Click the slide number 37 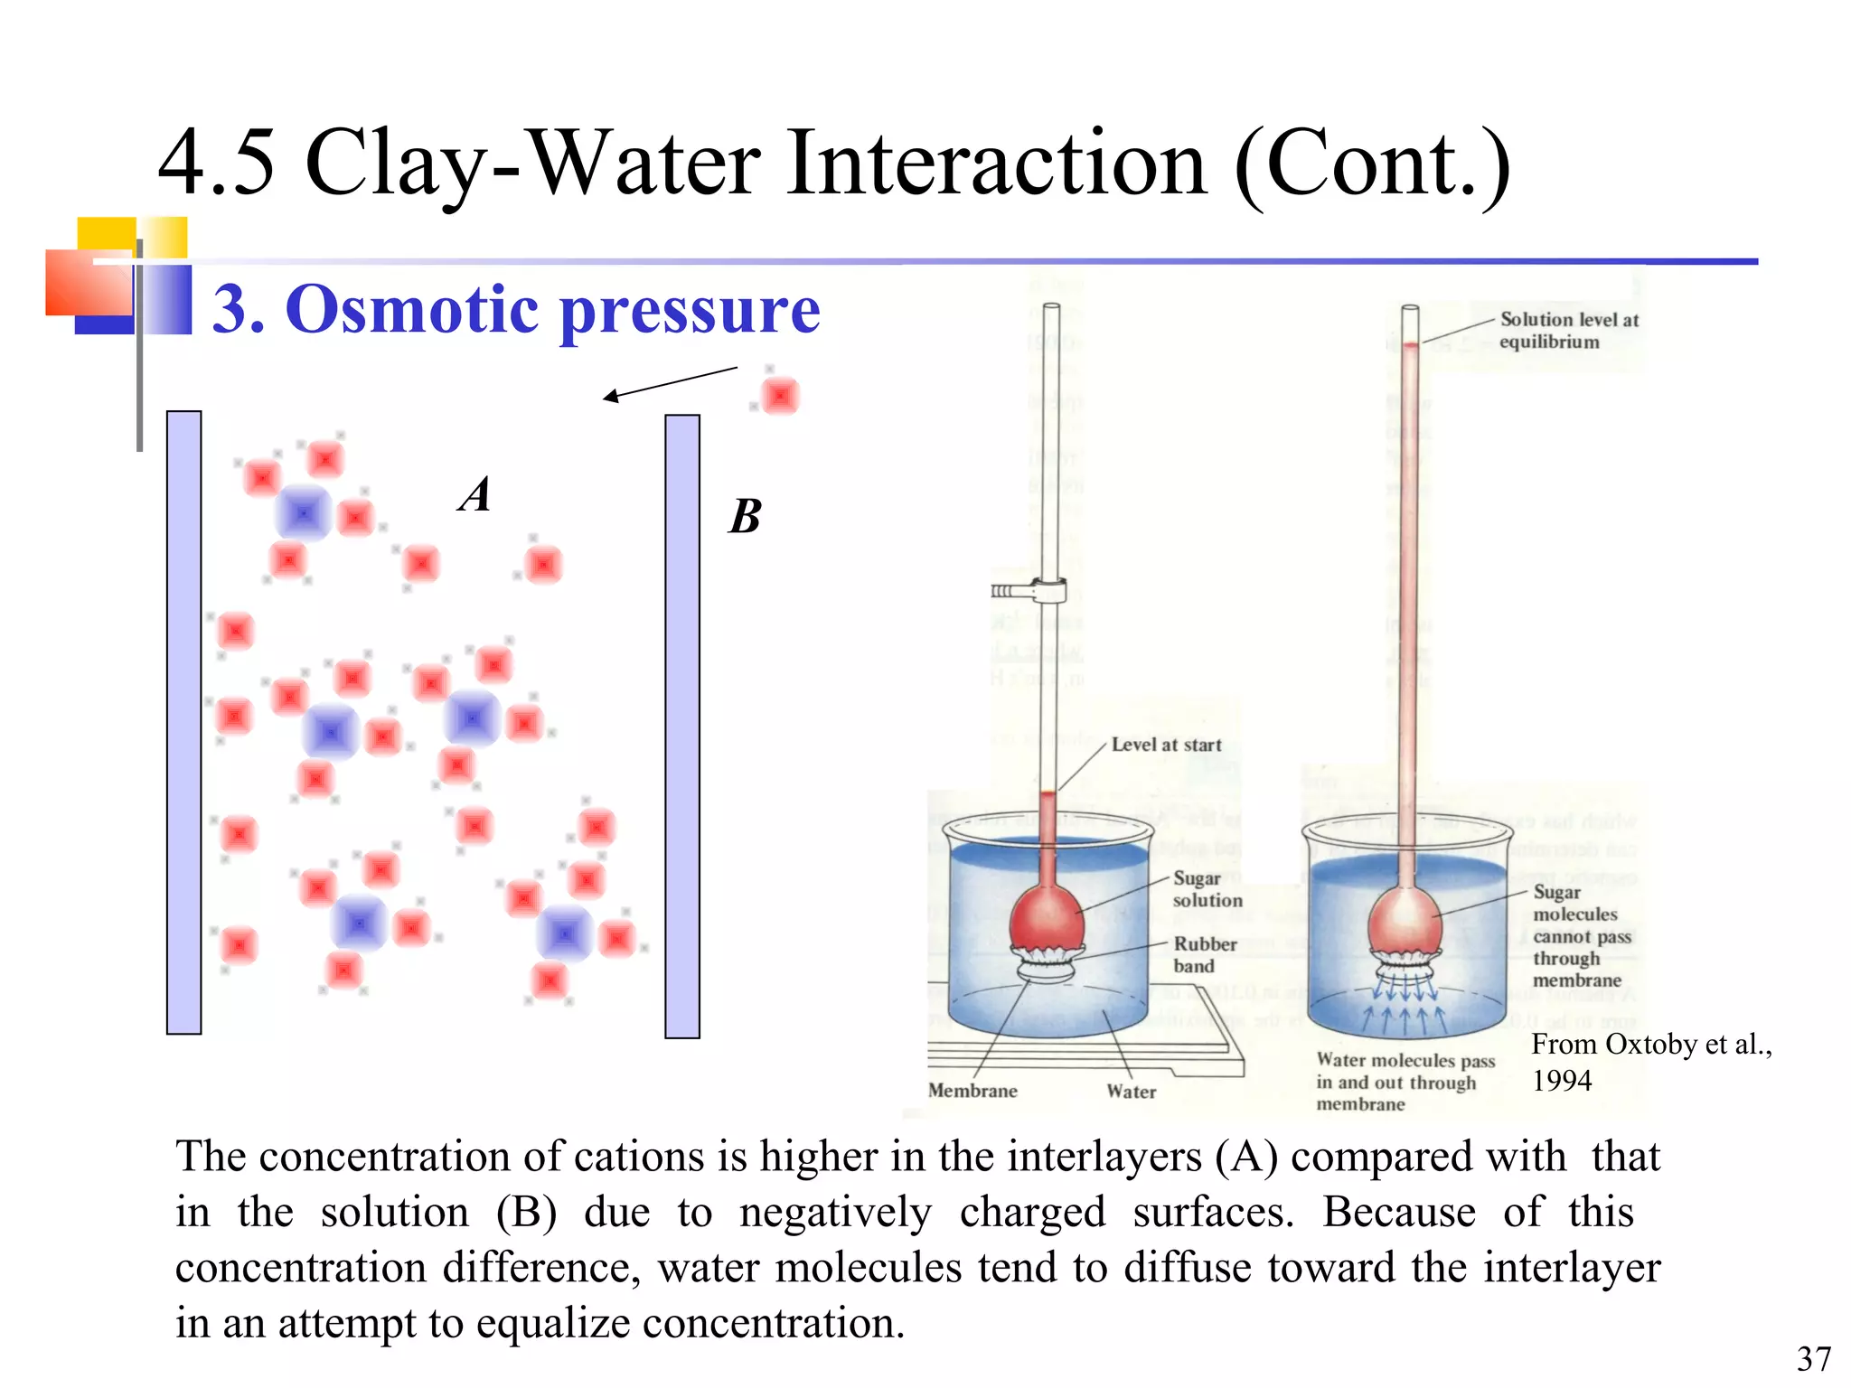coord(1813,1359)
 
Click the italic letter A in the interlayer coord(474,495)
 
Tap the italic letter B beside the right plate coord(746,517)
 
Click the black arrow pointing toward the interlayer coord(670,383)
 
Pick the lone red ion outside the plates coord(780,396)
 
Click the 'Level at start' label coord(1166,745)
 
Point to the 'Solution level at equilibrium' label coord(1568,331)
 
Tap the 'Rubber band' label coord(1204,954)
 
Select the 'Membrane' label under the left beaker coord(972,1091)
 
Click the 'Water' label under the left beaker coord(1131,1092)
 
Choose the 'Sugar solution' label coord(1207,889)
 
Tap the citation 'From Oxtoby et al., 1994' coord(1650,1062)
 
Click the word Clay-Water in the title coord(533,164)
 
